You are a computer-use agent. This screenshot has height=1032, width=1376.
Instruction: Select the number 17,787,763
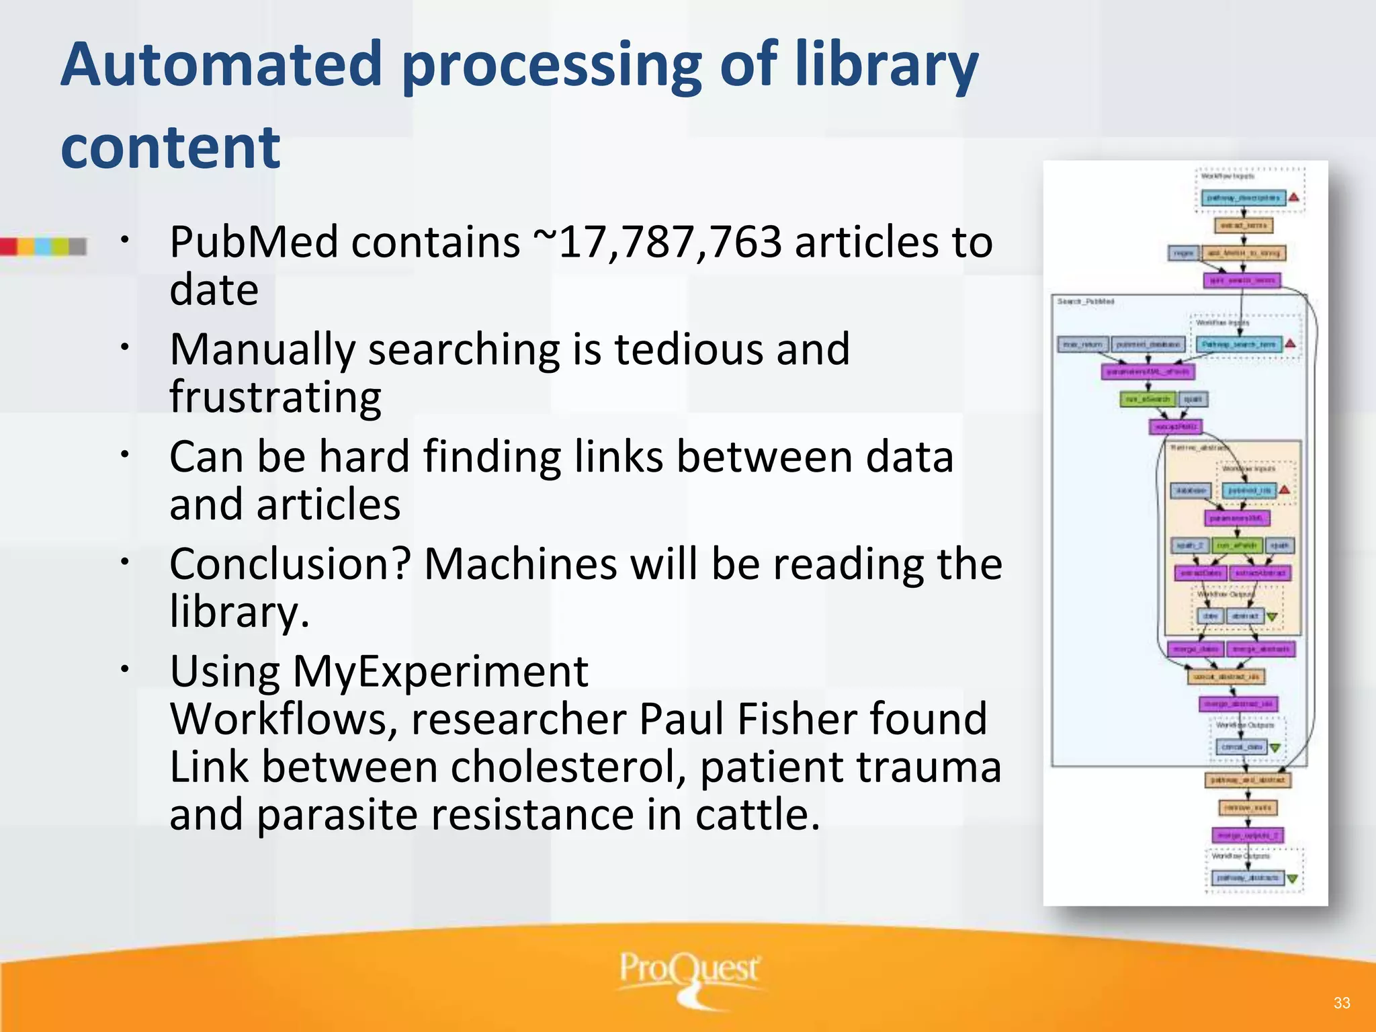(x=670, y=242)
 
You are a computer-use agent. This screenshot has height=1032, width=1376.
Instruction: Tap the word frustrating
(x=275, y=397)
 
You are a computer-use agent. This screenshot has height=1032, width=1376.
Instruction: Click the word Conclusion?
(x=290, y=564)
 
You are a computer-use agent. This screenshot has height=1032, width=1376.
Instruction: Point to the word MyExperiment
(x=440, y=671)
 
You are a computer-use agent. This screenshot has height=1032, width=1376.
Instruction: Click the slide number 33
(x=1342, y=1003)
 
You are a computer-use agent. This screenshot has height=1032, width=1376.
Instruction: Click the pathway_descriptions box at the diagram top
(x=1243, y=198)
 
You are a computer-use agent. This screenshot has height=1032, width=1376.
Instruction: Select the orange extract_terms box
(x=1243, y=226)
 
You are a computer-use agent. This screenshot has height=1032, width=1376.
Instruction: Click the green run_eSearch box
(x=1148, y=400)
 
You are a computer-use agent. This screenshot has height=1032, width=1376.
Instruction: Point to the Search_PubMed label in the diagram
(x=1086, y=302)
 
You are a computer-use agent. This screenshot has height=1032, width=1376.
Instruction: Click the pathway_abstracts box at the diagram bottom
(x=1248, y=878)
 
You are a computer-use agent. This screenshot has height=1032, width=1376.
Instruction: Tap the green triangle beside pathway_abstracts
(x=1292, y=879)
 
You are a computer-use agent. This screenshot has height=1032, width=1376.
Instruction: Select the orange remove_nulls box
(x=1248, y=808)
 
